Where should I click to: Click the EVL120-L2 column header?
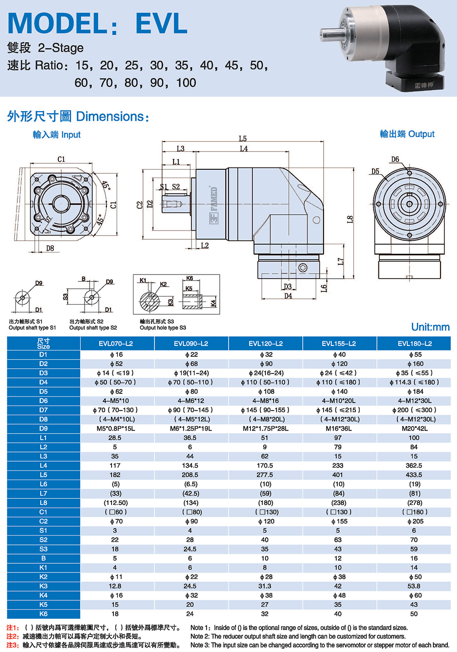(266, 344)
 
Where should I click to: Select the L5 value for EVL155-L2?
(338, 475)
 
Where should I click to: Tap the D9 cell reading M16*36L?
(338, 429)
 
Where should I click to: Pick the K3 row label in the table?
(43, 586)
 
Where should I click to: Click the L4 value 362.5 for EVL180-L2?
(414, 466)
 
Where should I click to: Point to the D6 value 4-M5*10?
(115, 401)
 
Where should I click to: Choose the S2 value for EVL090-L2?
(190, 540)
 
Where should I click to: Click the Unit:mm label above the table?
(430, 327)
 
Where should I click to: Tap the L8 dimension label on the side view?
(350, 219)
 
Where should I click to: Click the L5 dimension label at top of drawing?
(243, 139)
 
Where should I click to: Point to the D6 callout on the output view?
(395, 160)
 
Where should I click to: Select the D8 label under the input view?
(50, 248)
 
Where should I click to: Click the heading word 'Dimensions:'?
(112, 117)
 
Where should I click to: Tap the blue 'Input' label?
(71, 135)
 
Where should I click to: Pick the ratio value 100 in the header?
(186, 83)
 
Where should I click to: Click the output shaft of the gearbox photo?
(330, 33)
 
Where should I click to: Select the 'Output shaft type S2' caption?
(93, 328)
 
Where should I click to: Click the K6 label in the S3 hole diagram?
(190, 278)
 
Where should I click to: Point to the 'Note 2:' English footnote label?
(200, 636)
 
